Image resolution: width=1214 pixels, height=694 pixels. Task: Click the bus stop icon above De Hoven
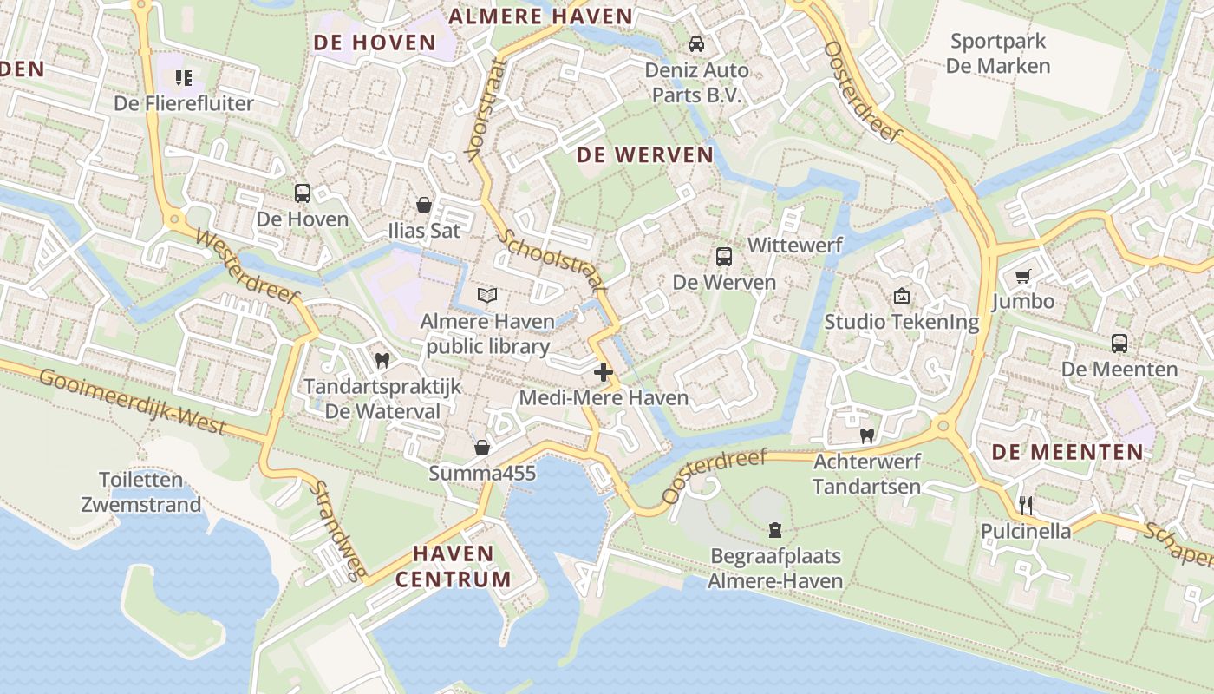[302, 193]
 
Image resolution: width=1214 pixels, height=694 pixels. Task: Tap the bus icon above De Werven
[724, 257]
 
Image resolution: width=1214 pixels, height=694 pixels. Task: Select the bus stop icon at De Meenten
[1119, 344]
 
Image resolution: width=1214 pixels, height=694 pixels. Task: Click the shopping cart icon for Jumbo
[1023, 277]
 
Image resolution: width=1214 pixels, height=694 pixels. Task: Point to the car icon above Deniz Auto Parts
[695, 44]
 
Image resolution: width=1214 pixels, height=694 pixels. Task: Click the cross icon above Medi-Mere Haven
[604, 373]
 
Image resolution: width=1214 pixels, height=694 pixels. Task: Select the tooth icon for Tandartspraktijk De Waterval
[382, 360]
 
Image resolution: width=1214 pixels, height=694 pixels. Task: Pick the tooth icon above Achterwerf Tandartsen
[865, 435]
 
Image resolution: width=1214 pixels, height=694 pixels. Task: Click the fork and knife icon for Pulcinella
[1025, 505]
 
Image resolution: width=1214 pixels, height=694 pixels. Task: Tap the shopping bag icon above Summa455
[482, 448]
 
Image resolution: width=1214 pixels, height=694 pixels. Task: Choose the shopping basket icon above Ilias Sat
[424, 206]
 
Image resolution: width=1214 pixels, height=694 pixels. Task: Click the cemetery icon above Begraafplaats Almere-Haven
[775, 529]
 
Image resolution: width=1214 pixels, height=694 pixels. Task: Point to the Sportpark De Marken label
[998, 53]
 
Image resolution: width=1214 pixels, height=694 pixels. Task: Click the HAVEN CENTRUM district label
[454, 566]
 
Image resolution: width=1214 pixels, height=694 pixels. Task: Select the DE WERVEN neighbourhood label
[645, 155]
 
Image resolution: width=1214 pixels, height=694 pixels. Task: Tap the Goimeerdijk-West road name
[132, 402]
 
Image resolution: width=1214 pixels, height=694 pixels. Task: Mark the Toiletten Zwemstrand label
[140, 492]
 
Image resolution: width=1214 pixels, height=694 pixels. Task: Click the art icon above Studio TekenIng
[901, 297]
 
